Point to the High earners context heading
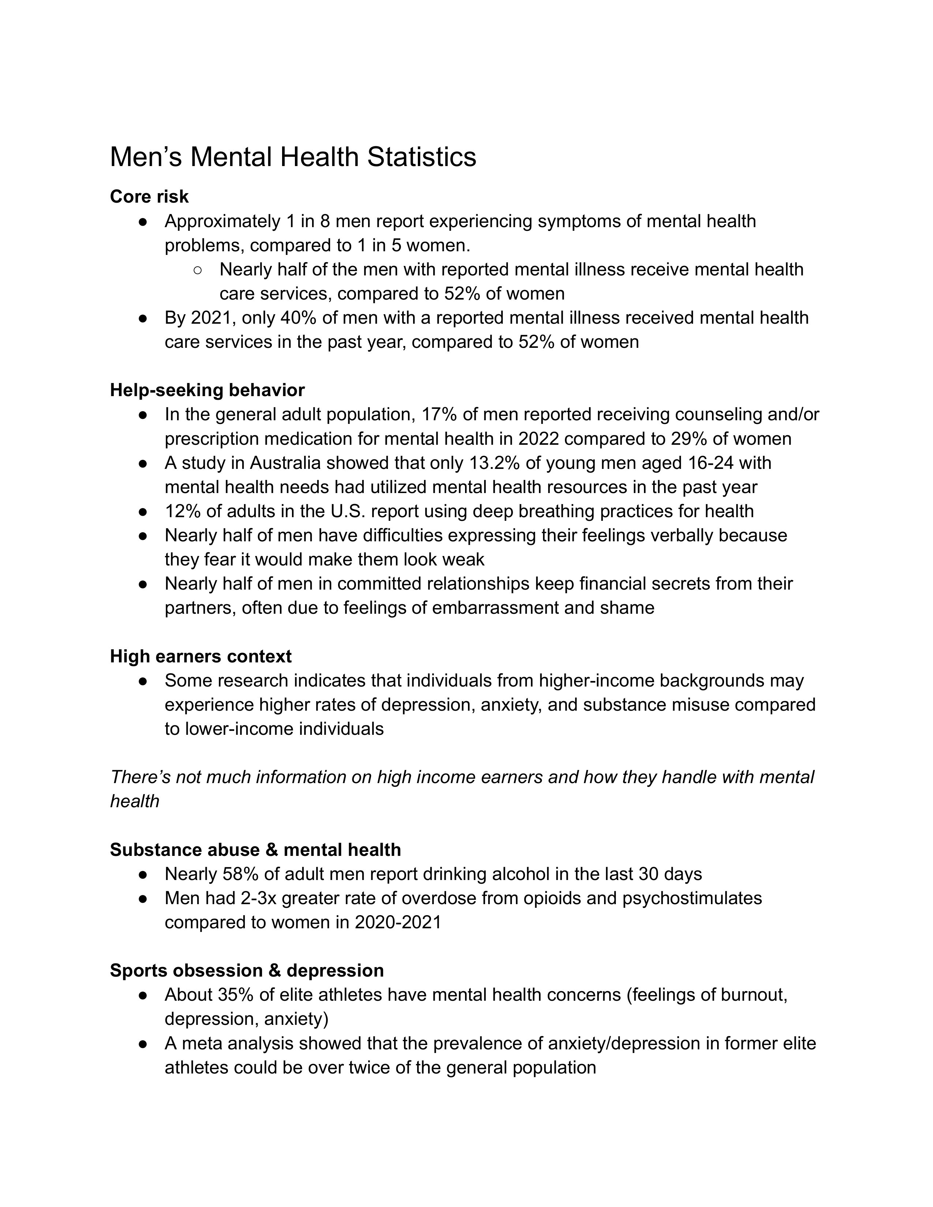(201, 656)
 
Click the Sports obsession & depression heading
(247, 970)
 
